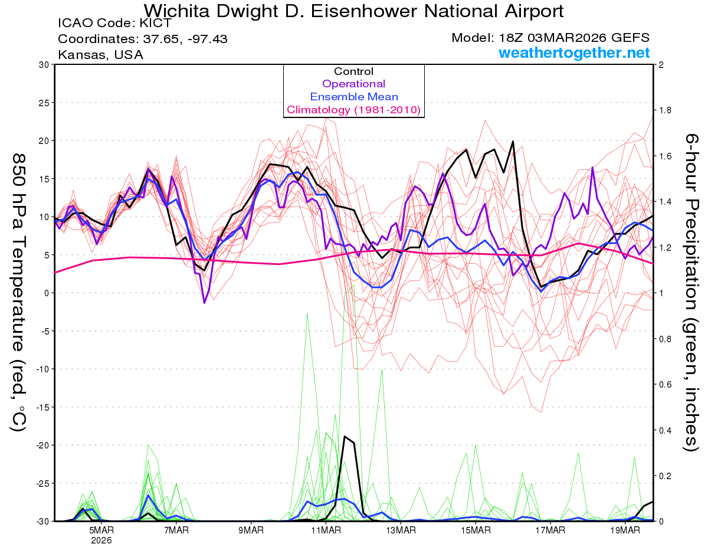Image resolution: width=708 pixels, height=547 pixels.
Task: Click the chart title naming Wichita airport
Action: (353, 11)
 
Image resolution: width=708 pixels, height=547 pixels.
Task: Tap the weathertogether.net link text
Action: (574, 53)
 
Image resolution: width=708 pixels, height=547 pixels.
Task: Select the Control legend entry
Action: (353, 71)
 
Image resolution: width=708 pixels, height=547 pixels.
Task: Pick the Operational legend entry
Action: (353, 84)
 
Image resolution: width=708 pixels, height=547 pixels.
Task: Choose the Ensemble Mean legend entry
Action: (353, 97)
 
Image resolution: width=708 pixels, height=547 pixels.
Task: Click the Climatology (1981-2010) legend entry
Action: (353, 110)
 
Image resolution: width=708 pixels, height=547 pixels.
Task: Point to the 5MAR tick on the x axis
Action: (101, 530)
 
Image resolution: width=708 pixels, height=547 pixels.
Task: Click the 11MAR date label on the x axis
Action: (326, 530)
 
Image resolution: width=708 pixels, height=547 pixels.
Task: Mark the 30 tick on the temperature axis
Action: (43, 64)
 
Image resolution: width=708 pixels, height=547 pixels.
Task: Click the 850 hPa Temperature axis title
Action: (18, 292)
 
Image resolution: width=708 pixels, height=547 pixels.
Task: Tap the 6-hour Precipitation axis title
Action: (691, 292)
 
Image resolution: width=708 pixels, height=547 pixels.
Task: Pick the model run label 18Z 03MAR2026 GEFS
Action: (550, 38)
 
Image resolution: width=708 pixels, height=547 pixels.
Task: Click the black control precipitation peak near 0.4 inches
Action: (345, 437)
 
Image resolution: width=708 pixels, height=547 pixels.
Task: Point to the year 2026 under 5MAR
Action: (101, 540)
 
